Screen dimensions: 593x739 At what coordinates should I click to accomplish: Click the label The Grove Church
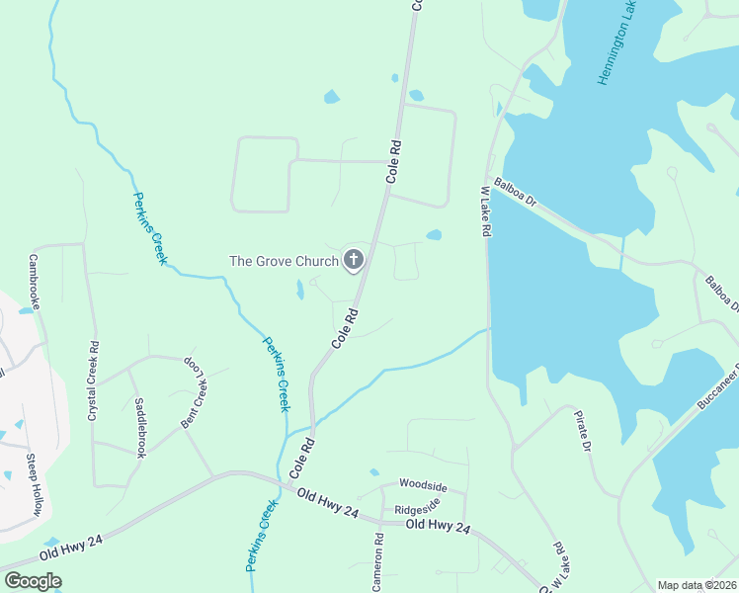[x=285, y=262]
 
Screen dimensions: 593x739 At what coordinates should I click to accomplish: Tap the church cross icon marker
[x=353, y=261]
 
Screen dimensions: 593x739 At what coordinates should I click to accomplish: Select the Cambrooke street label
[x=34, y=282]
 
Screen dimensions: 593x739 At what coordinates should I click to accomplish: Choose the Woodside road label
[x=423, y=485]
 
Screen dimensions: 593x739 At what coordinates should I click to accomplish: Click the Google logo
[x=33, y=581]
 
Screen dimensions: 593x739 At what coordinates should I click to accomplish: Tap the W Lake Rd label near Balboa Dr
[x=486, y=210]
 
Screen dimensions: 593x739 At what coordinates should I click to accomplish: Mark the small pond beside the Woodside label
[x=373, y=472]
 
